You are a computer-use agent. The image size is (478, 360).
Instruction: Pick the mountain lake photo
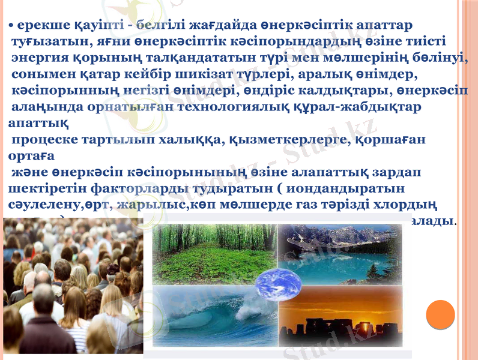pyautogui.click(x=339, y=252)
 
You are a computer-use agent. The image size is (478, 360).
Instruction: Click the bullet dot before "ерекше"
pyautogui.click(x=12, y=26)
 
